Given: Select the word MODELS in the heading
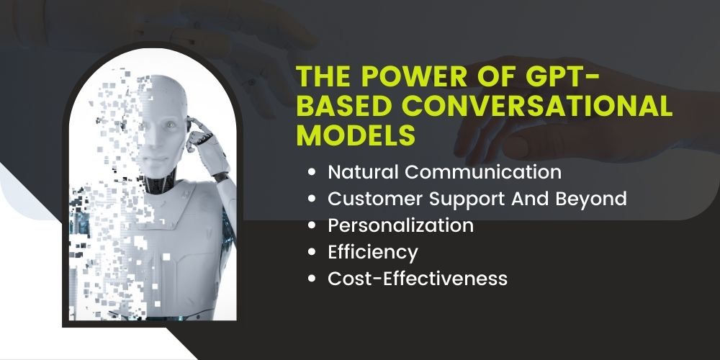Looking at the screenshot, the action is (356, 135).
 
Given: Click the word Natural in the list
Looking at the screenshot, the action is (363, 172).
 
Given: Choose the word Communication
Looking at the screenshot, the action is (483, 172).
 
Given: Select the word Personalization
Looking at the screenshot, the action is (400, 225).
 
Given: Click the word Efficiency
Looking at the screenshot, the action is (373, 253).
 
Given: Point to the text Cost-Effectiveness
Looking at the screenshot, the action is (418, 279).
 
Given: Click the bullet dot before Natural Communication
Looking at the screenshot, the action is (312, 173).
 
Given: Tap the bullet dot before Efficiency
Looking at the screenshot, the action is (312, 252).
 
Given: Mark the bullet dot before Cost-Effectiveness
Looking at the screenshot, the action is (312, 279).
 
